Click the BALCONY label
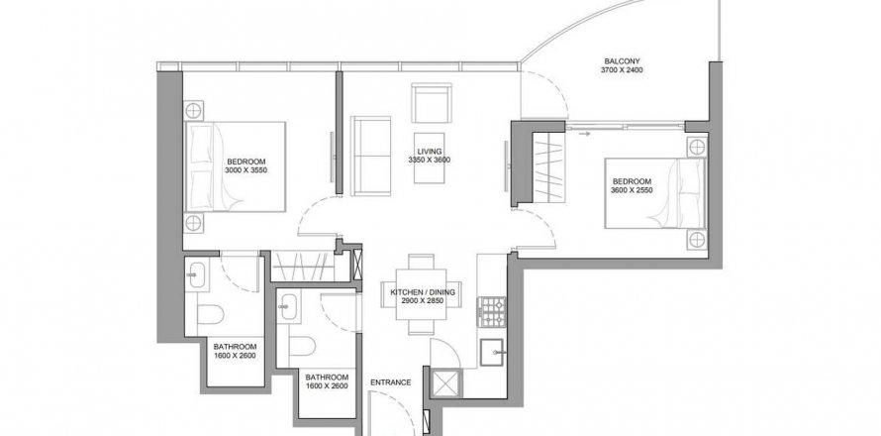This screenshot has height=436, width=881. [x=622, y=61]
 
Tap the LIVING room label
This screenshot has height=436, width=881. [x=430, y=152]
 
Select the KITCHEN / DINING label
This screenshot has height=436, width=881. [x=423, y=292]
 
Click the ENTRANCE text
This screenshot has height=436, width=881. [x=390, y=382]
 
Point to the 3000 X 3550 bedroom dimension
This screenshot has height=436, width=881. [x=246, y=169]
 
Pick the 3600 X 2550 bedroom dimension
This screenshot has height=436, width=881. [x=632, y=190]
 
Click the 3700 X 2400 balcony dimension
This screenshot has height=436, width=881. [x=622, y=70]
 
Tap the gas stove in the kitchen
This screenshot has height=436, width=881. [x=492, y=312]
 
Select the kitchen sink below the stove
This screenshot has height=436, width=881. [x=493, y=352]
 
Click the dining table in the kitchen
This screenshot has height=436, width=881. [x=422, y=294]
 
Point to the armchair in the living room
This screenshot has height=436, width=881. [x=431, y=103]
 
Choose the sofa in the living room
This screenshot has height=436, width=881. [x=370, y=156]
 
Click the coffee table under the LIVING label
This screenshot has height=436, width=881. [x=430, y=158]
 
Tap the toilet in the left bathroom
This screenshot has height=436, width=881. [x=211, y=315]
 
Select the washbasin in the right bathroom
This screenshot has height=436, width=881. [x=290, y=306]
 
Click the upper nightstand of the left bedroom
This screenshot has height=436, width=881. [x=193, y=111]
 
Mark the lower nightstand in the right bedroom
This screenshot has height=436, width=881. [x=697, y=240]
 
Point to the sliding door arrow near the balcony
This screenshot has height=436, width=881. [x=584, y=134]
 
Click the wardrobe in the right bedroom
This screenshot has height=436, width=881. [x=549, y=168]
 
